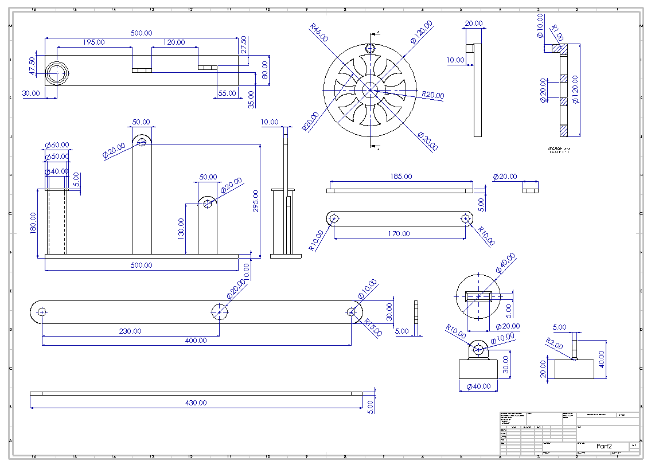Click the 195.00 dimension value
point(93,42)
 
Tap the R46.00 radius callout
point(319,33)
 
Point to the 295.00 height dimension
point(255,201)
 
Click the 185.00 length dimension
point(400,177)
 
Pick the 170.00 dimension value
point(399,233)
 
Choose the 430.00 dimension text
point(196,403)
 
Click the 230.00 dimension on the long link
point(130,331)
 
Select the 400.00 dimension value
point(196,340)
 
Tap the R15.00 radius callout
point(373,329)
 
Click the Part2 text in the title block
point(604,446)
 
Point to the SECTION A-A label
point(561,150)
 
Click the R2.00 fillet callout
point(554,343)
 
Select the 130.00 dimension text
point(182,228)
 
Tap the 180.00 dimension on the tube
point(33,222)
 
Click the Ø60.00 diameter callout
point(57,145)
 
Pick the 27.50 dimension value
point(244,45)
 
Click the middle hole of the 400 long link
point(219,311)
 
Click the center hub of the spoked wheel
point(369,89)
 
